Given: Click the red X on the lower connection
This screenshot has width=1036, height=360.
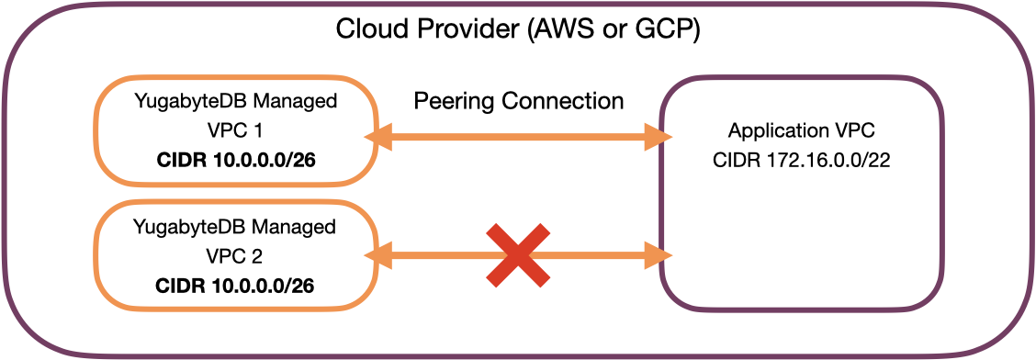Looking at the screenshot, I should (518, 254).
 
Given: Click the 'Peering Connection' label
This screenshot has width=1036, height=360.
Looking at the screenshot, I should (518, 100).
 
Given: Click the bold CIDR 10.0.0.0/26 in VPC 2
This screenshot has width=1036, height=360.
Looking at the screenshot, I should (235, 287).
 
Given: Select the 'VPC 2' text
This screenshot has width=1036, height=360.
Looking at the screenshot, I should (235, 256).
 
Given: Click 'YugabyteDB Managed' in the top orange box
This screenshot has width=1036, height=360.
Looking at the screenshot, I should (235, 100).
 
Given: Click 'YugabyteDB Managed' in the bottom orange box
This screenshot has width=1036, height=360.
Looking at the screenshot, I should (235, 226).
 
